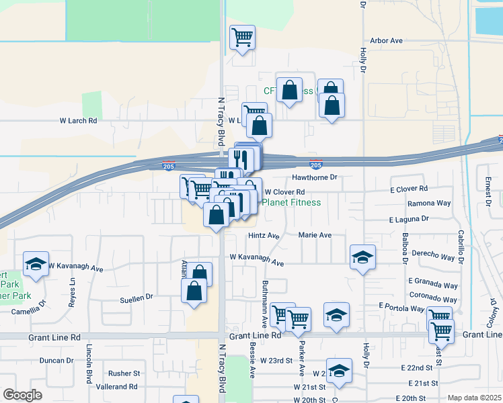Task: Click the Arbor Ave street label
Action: click(386, 41)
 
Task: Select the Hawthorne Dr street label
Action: click(313, 177)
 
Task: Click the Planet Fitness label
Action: click(291, 201)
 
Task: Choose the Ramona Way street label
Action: click(428, 203)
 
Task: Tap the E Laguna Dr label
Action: click(408, 219)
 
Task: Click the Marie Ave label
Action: click(315, 236)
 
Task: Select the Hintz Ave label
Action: click(263, 236)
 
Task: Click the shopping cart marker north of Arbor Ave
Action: click(242, 38)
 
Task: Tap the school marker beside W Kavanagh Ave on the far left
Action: click(36, 263)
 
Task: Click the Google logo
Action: click(22, 395)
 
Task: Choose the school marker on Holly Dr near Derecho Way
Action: click(362, 257)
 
